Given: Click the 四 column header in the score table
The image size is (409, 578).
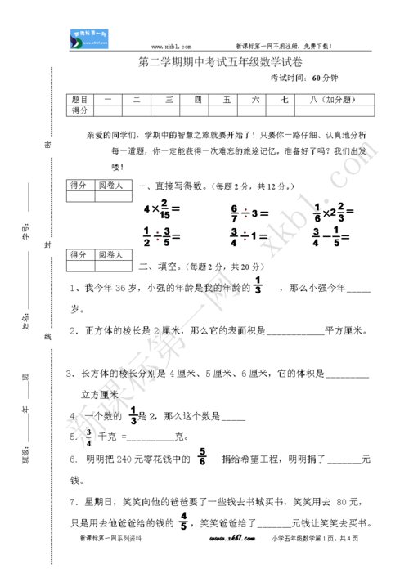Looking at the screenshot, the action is click(197, 98).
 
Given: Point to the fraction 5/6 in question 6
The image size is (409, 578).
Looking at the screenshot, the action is click(201, 459).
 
